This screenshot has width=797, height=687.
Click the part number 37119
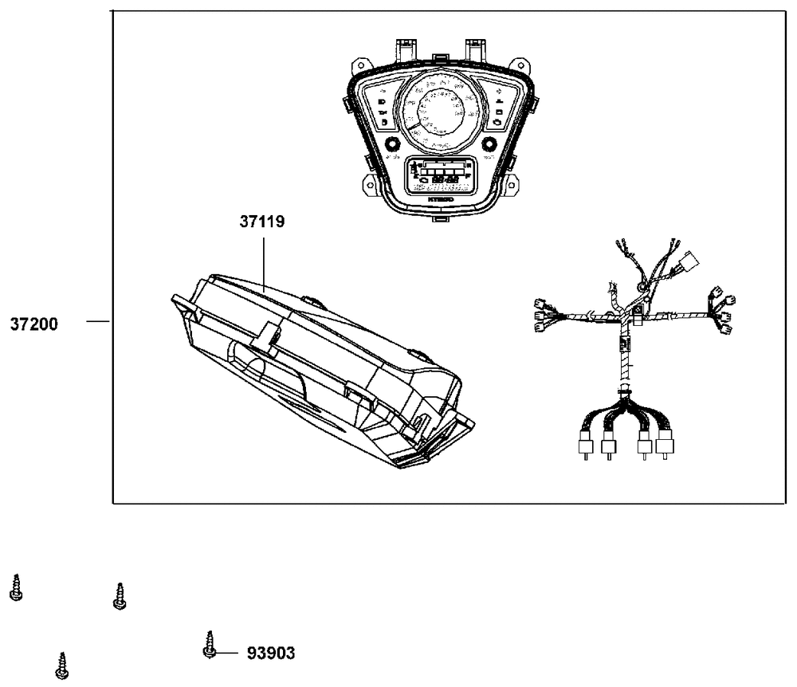262,222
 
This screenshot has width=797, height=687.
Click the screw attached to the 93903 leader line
210,644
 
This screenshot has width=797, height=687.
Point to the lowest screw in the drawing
61,665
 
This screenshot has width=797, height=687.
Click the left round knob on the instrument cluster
391,144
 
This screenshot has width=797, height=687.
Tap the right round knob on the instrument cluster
489,144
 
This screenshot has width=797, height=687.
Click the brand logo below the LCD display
438,198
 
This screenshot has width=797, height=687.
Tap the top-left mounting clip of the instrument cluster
404,47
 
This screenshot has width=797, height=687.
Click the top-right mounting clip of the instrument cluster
476,47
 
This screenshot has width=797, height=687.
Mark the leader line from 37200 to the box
97,322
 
